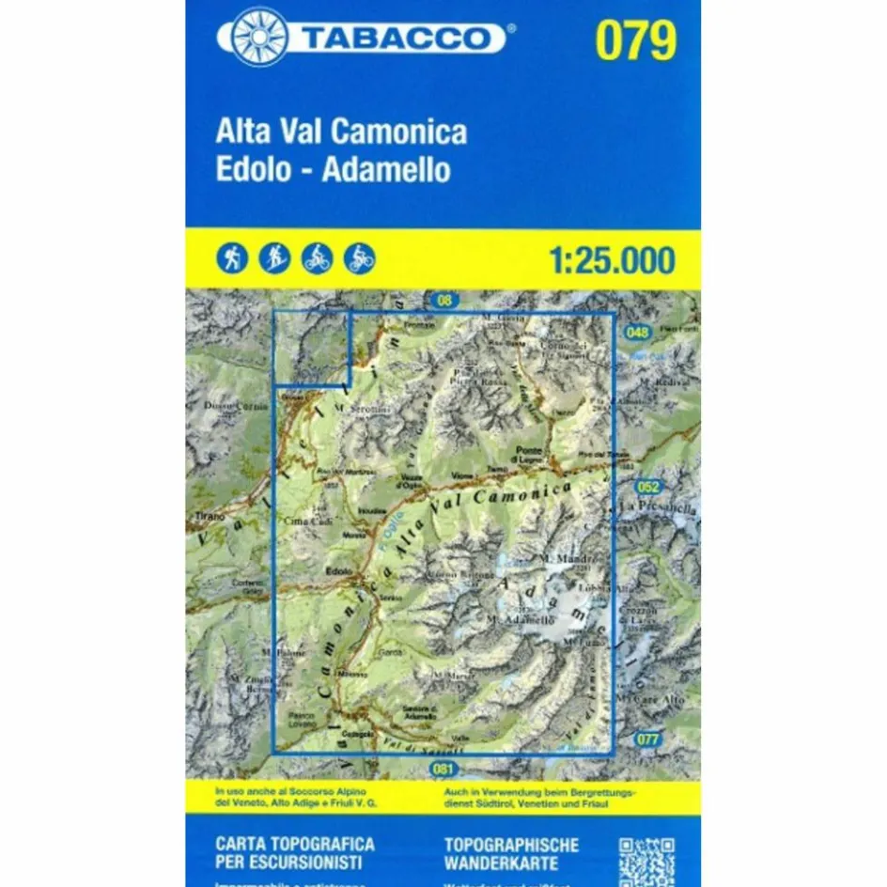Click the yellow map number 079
click(x=635, y=39)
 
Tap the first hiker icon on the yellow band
click(x=233, y=257)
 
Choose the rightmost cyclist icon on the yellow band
click(x=360, y=257)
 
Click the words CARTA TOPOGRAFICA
click(x=294, y=844)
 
